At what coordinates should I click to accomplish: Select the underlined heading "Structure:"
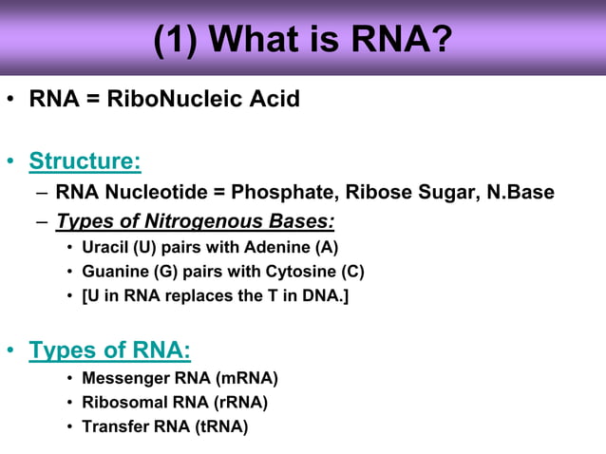pos(85,161)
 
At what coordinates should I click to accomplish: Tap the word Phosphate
pos(283,193)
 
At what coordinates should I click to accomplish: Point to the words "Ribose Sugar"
pos(408,193)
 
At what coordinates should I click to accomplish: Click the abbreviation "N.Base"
pos(521,193)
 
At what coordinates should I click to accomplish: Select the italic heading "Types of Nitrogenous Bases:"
pos(195,221)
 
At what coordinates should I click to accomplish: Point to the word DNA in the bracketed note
pos(320,295)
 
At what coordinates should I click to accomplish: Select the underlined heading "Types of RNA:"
pos(110,350)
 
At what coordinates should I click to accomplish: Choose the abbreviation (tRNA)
pos(220,426)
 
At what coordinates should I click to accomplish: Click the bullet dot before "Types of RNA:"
pos(11,351)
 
